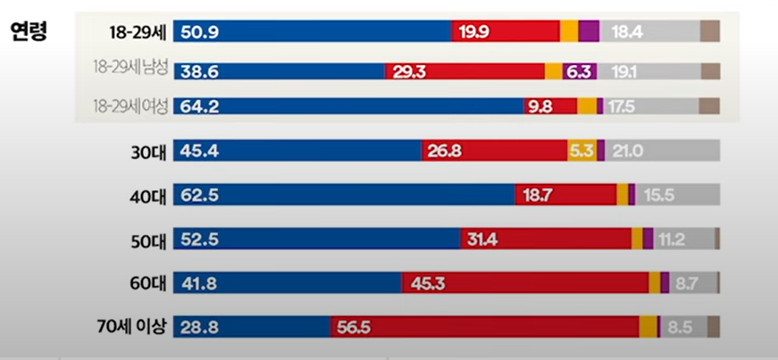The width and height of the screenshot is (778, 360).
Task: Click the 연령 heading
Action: tap(29, 32)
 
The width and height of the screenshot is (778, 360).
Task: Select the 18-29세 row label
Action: tap(135, 33)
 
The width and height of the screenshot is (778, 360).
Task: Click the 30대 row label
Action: tap(146, 151)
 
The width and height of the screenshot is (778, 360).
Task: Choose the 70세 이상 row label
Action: tap(134, 326)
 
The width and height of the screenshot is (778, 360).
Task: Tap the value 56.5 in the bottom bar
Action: tap(355, 327)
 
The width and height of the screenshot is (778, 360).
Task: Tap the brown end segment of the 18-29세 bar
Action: tap(709, 32)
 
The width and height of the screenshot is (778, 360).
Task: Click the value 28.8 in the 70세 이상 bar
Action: tap(199, 327)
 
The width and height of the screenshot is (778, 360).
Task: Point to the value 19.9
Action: tap(474, 33)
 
